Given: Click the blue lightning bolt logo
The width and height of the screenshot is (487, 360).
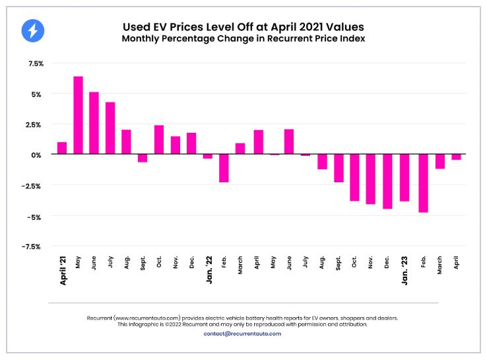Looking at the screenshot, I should (x=32, y=30).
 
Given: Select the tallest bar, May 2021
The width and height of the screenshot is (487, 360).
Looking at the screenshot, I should (x=78, y=115).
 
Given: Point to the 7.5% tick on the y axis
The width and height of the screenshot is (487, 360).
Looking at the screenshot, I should (x=36, y=63).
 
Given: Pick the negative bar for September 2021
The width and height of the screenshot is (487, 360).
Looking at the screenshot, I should (x=143, y=159).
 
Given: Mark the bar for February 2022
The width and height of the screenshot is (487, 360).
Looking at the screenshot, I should (x=224, y=168).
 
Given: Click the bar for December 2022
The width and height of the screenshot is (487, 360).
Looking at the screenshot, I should (x=387, y=181).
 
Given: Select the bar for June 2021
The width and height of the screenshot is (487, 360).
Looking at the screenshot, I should (x=94, y=123).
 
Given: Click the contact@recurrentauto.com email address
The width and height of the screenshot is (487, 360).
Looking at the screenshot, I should (x=243, y=334).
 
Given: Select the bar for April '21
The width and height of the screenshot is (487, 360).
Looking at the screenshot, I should (x=62, y=148).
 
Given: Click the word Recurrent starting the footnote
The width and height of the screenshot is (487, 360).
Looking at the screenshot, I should (x=100, y=318).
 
